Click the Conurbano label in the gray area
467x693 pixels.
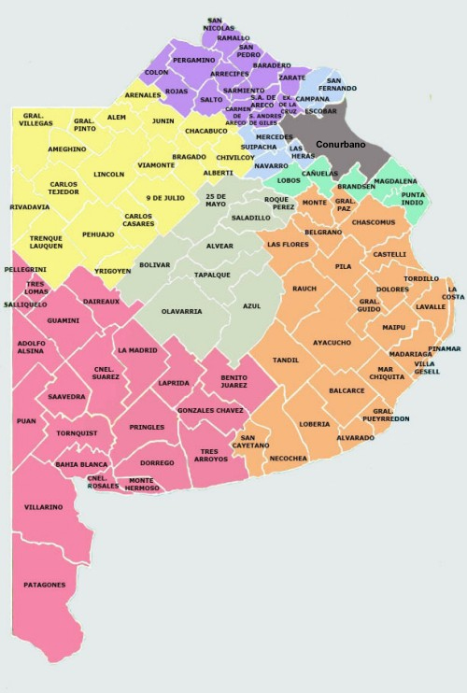pyautogui.click(x=340, y=145)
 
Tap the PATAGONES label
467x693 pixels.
pyautogui.click(x=45, y=585)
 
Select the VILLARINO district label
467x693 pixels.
pyautogui.click(x=44, y=507)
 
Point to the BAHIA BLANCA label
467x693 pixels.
pyautogui.click(x=79, y=464)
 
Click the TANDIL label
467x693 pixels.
pyautogui.click(x=285, y=360)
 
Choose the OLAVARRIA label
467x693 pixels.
pyautogui.click(x=181, y=311)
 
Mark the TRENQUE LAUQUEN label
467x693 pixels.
pyautogui.click(x=46, y=241)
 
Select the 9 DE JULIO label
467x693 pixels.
pyautogui.click(x=165, y=198)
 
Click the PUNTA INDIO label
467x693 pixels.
pyautogui.click(x=412, y=199)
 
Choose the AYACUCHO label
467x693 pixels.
pyautogui.click(x=332, y=343)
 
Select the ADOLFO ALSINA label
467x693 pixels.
pyautogui.click(x=32, y=347)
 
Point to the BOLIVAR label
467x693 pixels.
pyautogui.click(x=154, y=265)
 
